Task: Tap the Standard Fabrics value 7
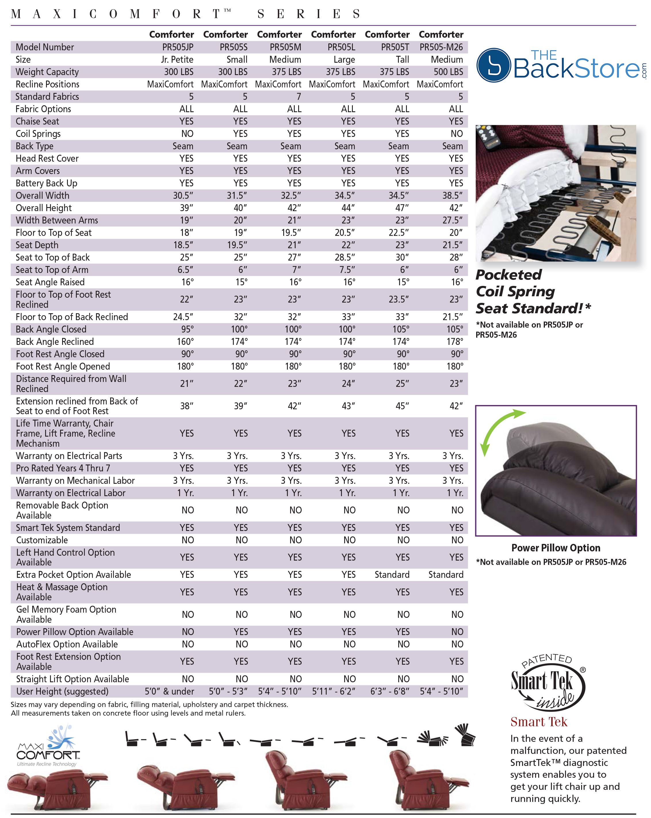pyautogui.click(x=298, y=97)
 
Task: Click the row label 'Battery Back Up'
pyautogui.click(x=46, y=183)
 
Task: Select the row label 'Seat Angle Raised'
pyautogui.click(x=50, y=282)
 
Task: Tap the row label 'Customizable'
pyautogui.click(x=42, y=540)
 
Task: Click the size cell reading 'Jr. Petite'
pyautogui.click(x=177, y=60)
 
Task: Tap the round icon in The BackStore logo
pyautogui.click(x=493, y=65)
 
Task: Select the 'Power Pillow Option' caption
pyautogui.click(x=556, y=548)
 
